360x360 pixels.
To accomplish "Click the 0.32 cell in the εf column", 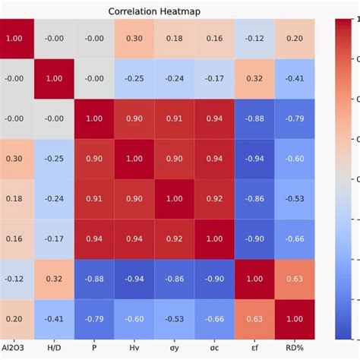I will click(x=254, y=79).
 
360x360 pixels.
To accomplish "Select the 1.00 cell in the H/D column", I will click(x=55, y=79).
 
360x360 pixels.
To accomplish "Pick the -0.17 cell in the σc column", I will click(x=213, y=79).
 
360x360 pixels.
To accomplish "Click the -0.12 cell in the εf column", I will click(x=254, y=39).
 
